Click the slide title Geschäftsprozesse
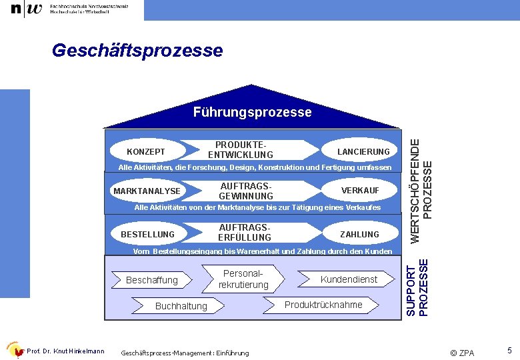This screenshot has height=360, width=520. click(137, 51)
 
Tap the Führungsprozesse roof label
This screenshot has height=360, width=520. click(252, 112)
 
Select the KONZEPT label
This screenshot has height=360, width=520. click(146, 151)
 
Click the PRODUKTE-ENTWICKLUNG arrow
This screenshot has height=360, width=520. click(241, 150)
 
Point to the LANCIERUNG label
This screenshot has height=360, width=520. click(363, 151)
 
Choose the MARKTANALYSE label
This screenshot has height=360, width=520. click(147, 191)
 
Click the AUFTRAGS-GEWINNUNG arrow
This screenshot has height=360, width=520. click(246, 191)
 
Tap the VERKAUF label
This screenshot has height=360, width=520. click(360, 191)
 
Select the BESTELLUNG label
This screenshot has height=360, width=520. click(147, 234)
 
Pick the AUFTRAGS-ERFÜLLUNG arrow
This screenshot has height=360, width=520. click(245, 233)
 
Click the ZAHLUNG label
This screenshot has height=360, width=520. click(359, 234)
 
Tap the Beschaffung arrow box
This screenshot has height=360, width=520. click(152, 280)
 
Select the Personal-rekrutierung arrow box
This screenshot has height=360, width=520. click(243, 279)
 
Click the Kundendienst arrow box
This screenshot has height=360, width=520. click(348, 279)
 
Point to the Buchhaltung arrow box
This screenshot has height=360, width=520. click(181, 306)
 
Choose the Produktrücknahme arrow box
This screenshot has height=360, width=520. click(323, 305)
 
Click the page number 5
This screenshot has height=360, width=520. click(509, 350)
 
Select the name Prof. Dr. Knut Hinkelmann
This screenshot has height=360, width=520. click(65, 351)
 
